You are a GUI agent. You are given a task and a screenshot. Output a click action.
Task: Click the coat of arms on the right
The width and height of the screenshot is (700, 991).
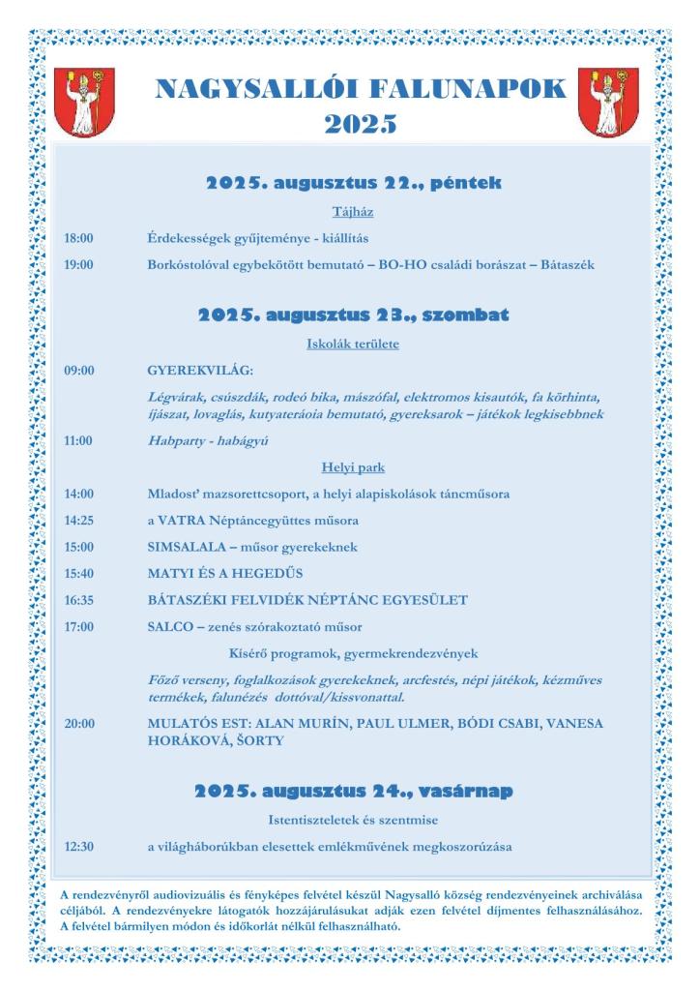(x=606, y=103)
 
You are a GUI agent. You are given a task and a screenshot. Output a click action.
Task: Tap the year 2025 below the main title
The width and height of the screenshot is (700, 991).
(x=361, y=123)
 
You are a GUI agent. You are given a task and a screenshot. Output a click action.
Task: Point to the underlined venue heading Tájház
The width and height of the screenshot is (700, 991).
(x=353, y=211)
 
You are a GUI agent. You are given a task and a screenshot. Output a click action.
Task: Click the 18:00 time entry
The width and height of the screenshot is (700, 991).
(x=79, y=237)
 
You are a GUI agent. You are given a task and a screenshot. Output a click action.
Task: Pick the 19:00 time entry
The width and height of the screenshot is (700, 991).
(x=79, y=263)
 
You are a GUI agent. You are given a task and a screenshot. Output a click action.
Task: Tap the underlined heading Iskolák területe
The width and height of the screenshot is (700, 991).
(x=353, y=344)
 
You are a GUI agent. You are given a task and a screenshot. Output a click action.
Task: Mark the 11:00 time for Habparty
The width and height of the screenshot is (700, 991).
(x=79, y=440)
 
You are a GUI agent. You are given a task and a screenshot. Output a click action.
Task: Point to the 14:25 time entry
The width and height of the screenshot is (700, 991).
(x=79, y=520)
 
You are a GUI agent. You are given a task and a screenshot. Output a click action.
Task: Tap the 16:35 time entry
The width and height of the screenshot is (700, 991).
(x=79, y=600)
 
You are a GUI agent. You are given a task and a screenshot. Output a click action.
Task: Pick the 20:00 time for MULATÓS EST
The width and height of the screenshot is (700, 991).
(x=79, y=723)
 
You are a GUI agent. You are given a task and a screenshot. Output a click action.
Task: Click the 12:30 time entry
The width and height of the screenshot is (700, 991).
(x=79, y=847)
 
